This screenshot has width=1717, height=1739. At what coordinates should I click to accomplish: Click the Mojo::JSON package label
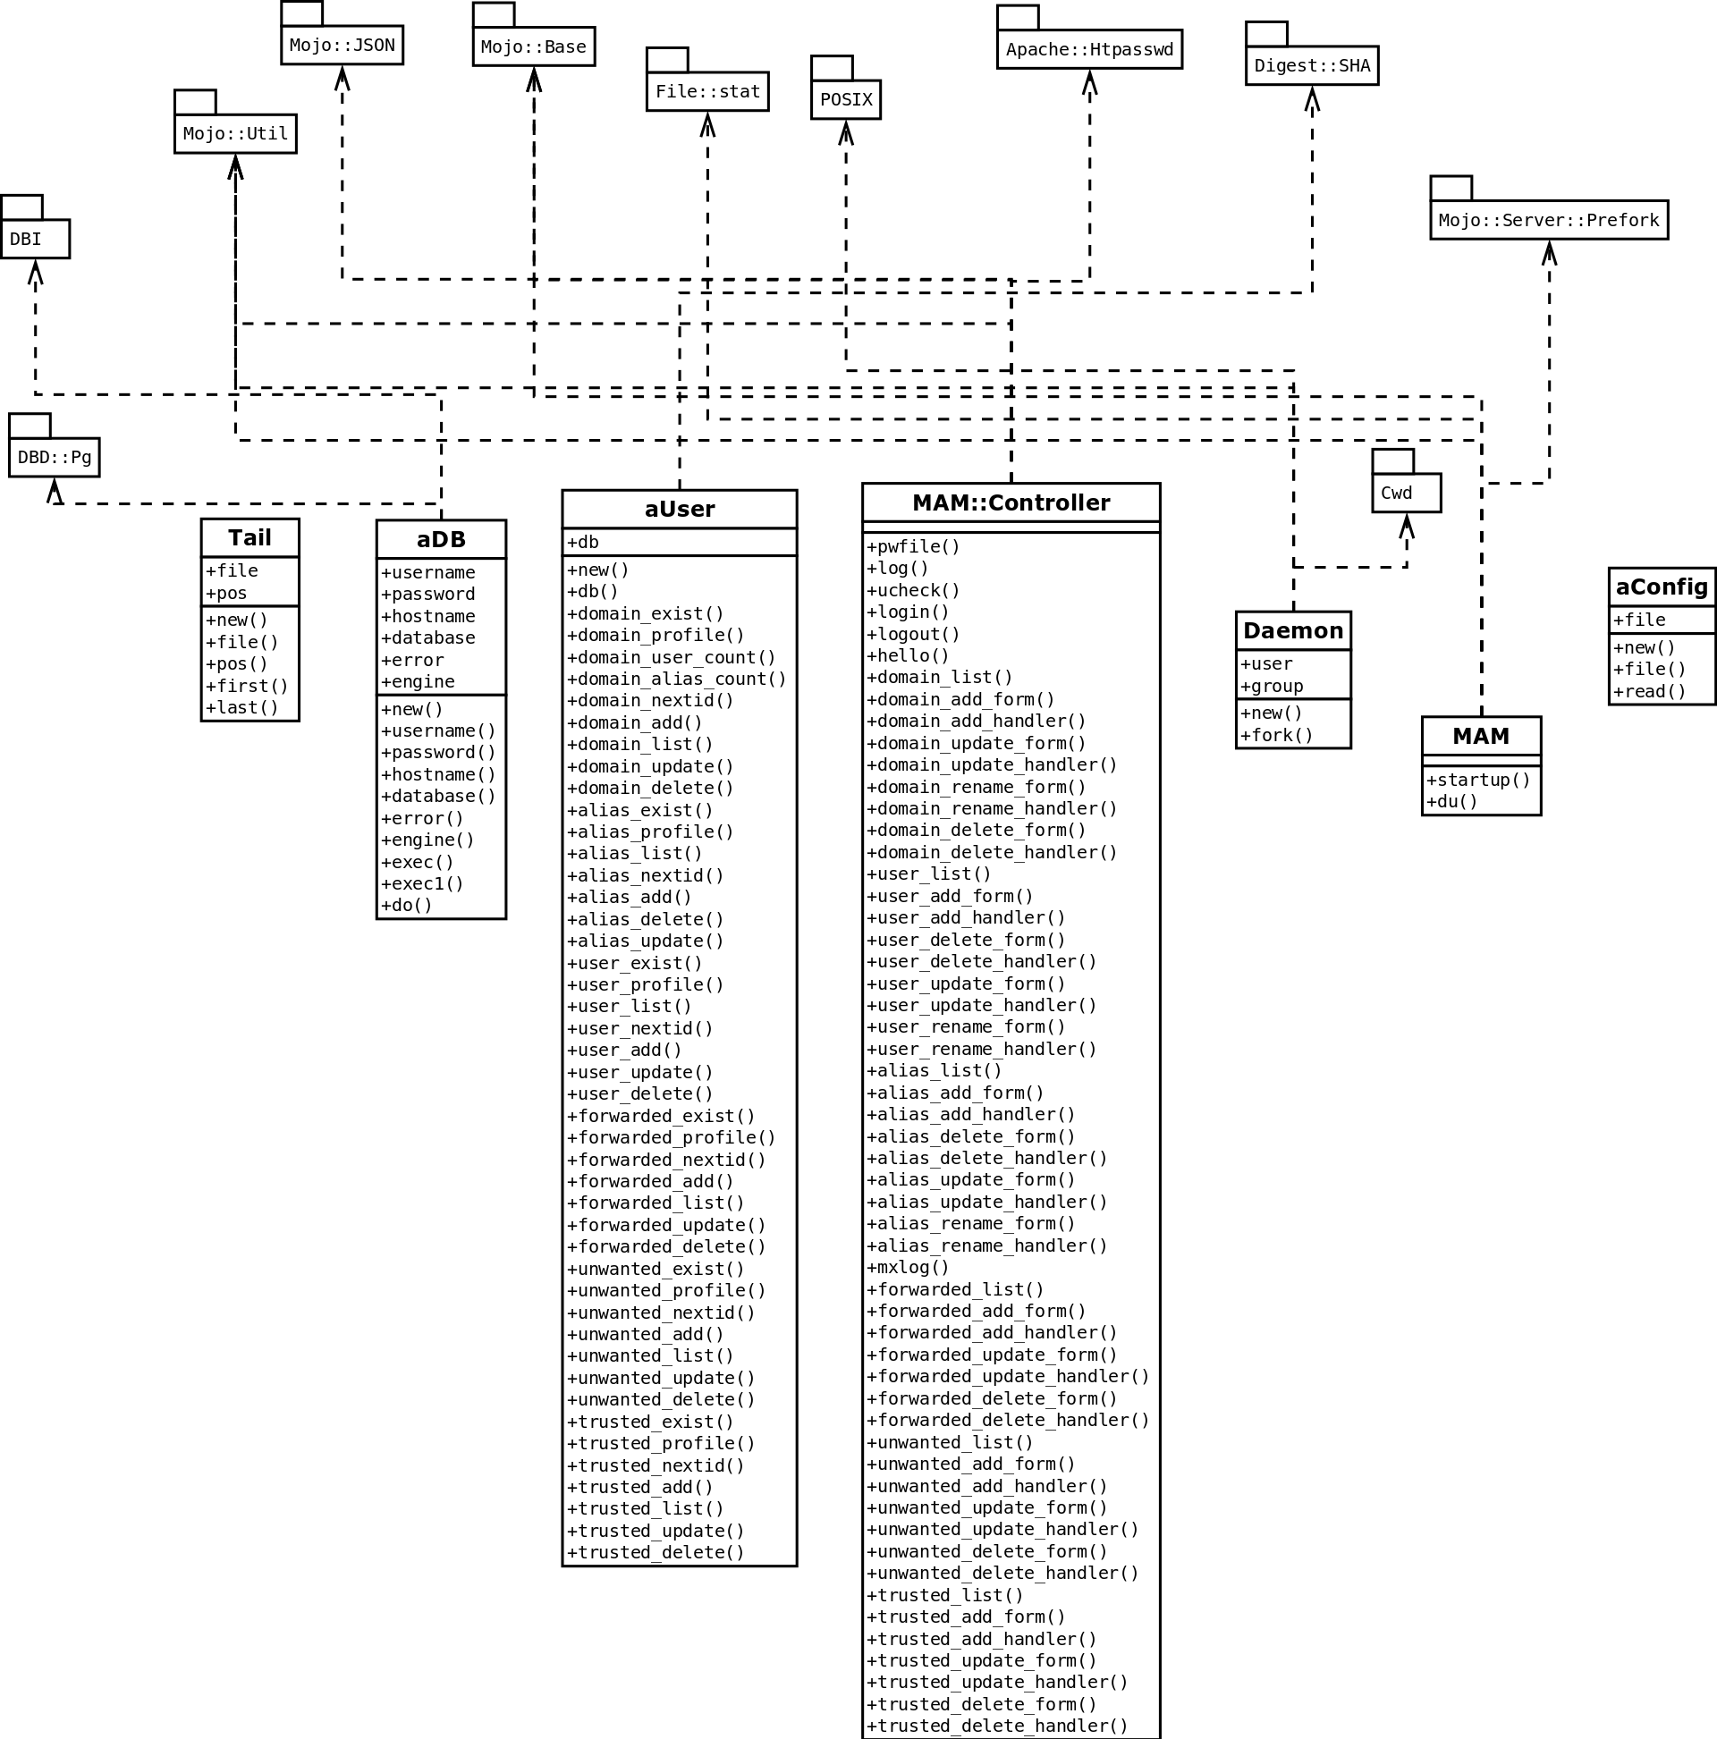342,45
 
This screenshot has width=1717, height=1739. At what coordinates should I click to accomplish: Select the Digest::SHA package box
1311,65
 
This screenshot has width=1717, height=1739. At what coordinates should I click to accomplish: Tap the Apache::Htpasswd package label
1088,49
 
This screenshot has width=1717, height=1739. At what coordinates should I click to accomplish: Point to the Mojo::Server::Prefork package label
1548,220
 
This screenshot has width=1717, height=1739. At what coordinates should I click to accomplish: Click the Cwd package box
1406,493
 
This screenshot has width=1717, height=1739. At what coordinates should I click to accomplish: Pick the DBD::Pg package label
54,457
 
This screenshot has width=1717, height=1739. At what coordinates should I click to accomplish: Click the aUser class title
679,510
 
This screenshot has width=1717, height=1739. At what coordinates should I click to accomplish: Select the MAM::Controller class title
1011,502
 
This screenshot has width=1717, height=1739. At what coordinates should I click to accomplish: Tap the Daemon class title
1292,631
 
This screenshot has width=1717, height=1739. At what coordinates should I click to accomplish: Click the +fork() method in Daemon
1276,735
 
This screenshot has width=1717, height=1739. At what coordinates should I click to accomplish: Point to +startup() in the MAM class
1477,780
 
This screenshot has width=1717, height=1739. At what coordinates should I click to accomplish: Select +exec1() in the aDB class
421,883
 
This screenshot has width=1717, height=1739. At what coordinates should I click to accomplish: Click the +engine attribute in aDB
417,681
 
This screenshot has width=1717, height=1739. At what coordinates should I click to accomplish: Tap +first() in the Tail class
246,686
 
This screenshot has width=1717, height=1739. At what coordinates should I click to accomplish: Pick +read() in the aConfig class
1648,691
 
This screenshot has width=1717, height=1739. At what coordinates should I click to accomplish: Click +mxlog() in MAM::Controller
907,1266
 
